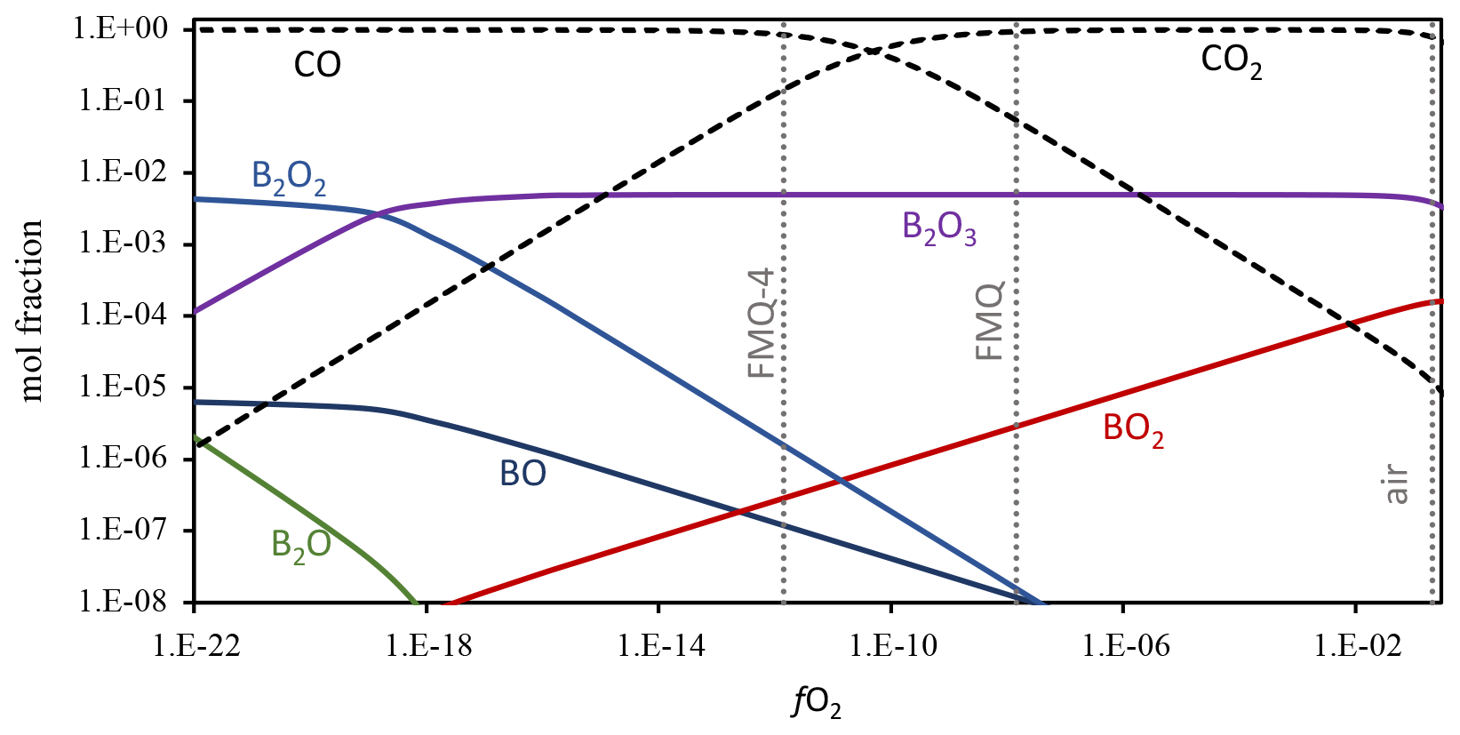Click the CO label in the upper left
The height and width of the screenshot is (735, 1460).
coord(317,65)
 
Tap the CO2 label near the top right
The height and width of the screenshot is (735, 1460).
coord(1231,61)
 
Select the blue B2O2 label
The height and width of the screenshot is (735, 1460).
coord(289,177)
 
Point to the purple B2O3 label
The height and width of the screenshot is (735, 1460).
coord(938,228)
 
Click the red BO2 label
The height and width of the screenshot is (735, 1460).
coord(1133,429)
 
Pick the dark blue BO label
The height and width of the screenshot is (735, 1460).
coord(523,474)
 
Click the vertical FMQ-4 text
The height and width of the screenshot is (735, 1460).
coord(762,324)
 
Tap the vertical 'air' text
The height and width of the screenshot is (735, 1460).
coord(1397,484)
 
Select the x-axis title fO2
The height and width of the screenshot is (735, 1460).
coord(817,704)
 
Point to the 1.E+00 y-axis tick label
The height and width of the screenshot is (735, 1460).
coord(120,28)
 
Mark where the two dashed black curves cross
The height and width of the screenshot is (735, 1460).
coord(874,50)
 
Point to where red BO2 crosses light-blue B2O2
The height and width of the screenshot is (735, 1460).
coord(840,482)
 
